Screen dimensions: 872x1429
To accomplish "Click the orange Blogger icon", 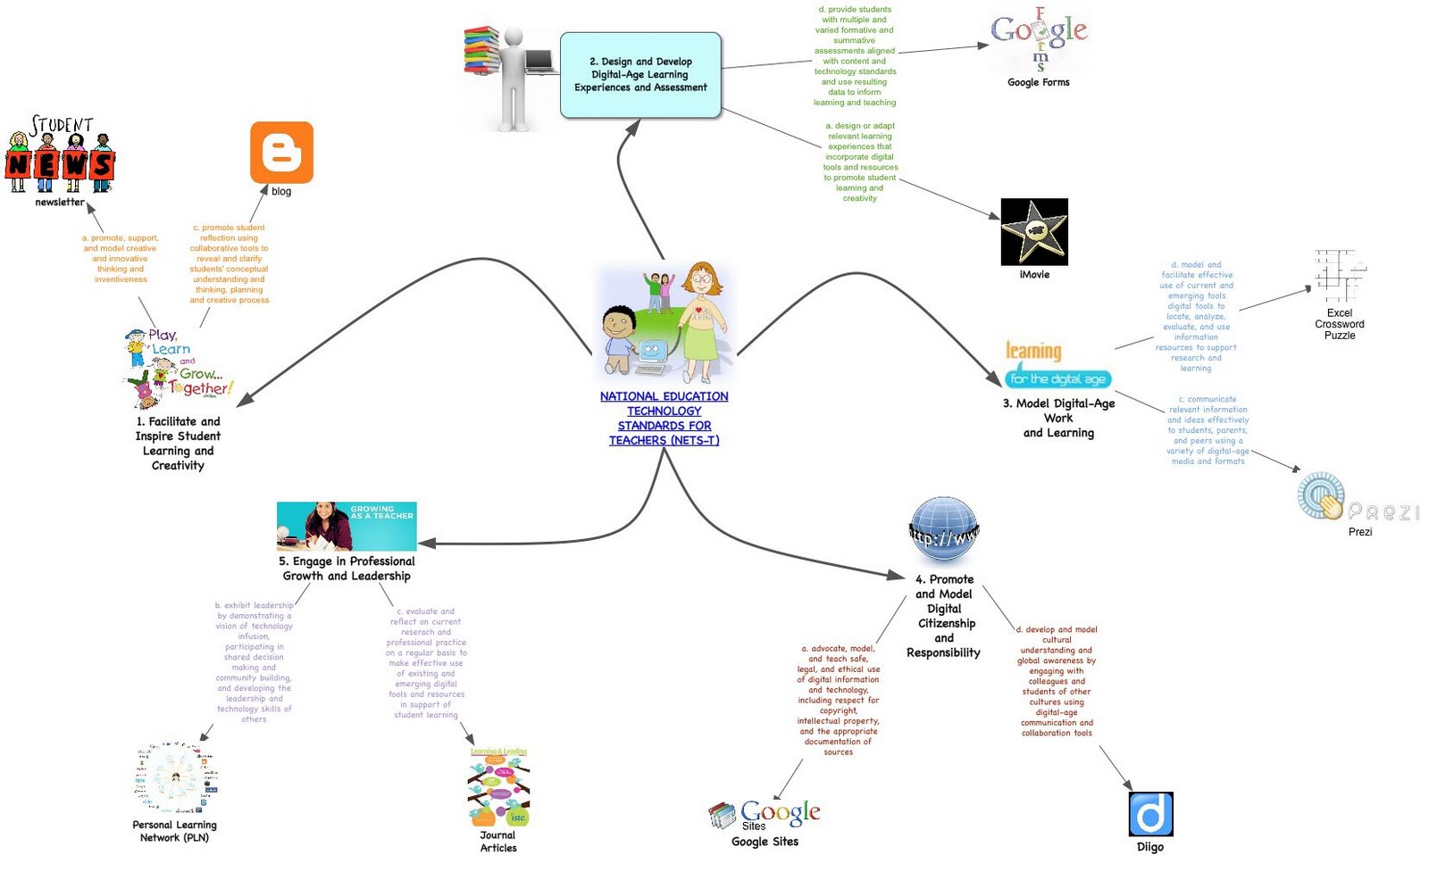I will coord(281,153).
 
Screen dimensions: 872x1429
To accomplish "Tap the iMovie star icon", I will coord(1034,232).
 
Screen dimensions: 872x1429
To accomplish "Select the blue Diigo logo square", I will coord(1150,814).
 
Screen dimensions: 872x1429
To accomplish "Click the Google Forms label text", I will coord(1038,82).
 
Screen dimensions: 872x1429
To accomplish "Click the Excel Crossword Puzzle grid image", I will coord(1339,276).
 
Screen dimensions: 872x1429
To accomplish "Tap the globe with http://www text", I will coord(943,531).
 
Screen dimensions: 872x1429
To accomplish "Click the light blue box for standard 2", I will coord(640,75).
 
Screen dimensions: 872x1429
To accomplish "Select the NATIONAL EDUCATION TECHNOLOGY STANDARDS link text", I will coord(664,418).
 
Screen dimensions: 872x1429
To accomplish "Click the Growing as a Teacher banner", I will coord(347,526).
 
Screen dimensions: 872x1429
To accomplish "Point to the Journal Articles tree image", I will coord(498,787).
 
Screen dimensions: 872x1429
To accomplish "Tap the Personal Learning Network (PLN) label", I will coord(174,831).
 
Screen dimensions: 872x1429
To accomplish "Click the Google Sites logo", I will coord(765,813).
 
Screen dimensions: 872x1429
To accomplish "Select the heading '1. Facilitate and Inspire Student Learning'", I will coord(178,443).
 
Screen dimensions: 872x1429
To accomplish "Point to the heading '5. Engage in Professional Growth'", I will coord(347,569).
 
